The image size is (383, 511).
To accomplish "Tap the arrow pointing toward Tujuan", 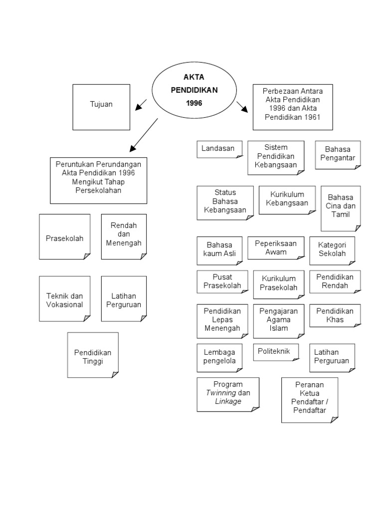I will coord(141,105).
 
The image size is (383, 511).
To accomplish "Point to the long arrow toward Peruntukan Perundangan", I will coord(144,135).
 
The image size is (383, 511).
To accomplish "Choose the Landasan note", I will coord(219,149).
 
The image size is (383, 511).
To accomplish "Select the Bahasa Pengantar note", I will coord(338,155).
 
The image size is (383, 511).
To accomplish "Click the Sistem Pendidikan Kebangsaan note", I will coord(276,157).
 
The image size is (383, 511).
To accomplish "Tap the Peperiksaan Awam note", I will coord(276,248).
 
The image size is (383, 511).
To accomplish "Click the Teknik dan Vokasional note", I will coord(65,300).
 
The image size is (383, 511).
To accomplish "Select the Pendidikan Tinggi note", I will coord(93,356).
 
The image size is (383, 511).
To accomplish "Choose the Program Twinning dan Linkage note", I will coord(228,393).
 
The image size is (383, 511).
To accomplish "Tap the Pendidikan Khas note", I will coord(335,315).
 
